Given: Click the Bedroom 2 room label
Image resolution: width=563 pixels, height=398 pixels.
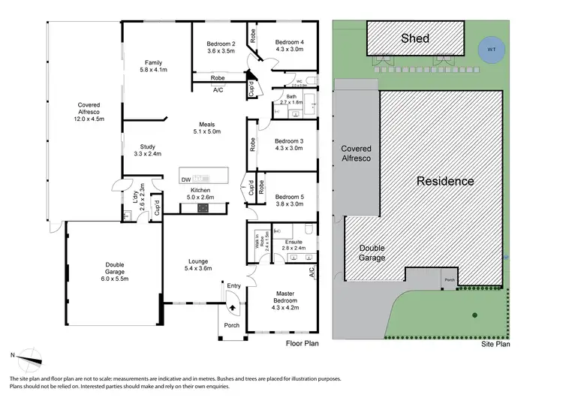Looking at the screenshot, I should pyautogui.click(x=221, y=44).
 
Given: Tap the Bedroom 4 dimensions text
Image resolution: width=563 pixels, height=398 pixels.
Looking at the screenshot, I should pyautogui.click(x=290, y=50).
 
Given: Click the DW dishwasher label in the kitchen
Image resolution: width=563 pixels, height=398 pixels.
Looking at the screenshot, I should pyautogui.click(x=185, y=179).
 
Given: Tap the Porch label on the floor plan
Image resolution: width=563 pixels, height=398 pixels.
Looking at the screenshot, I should pyautogui.click(x=232, y=325).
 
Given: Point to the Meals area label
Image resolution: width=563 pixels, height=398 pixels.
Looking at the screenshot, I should pyautogui.click(x=206, y=124).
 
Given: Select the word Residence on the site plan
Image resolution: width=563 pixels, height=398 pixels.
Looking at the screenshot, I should pyautogui.click(x=445, y=181).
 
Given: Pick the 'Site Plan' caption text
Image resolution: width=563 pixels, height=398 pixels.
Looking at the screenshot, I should pyautogui.click(x=495, y=346).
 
